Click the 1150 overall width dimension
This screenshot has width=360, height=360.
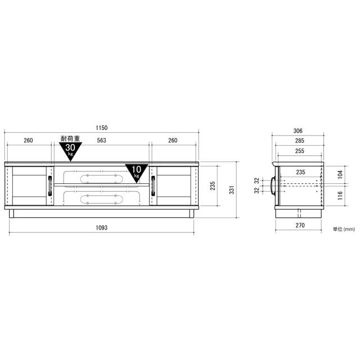coord(101,128)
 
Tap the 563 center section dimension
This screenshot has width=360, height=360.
coord(101,140)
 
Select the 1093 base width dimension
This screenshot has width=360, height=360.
coord(101,227)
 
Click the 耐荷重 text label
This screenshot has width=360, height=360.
coord(70,138)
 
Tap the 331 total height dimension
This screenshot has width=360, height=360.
coord(232,190)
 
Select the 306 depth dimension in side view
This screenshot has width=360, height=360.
coord(298,131)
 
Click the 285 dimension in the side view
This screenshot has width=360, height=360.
coord(300,141)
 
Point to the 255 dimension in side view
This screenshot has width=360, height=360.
coord(300,151)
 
